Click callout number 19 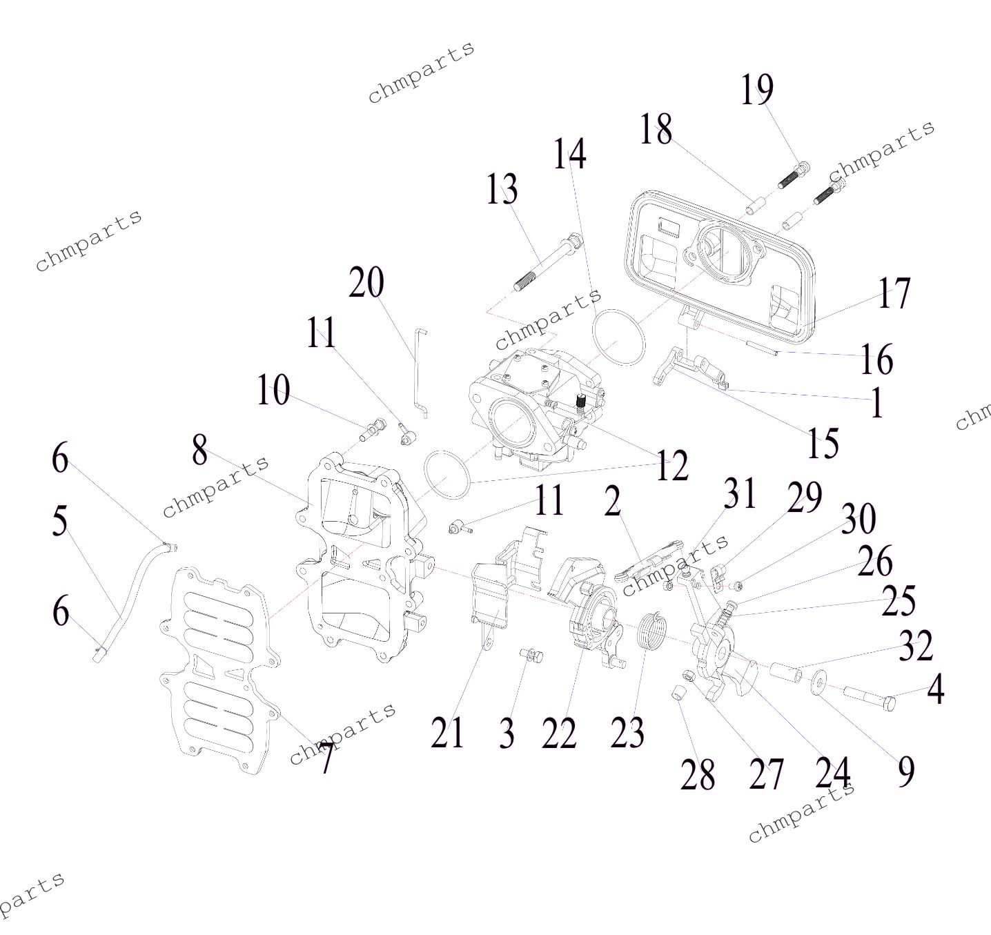757,90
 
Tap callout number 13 502,190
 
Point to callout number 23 627,733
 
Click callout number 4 935,689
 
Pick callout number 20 366,283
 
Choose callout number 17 894,293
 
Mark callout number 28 697,775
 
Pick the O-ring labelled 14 619,337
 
